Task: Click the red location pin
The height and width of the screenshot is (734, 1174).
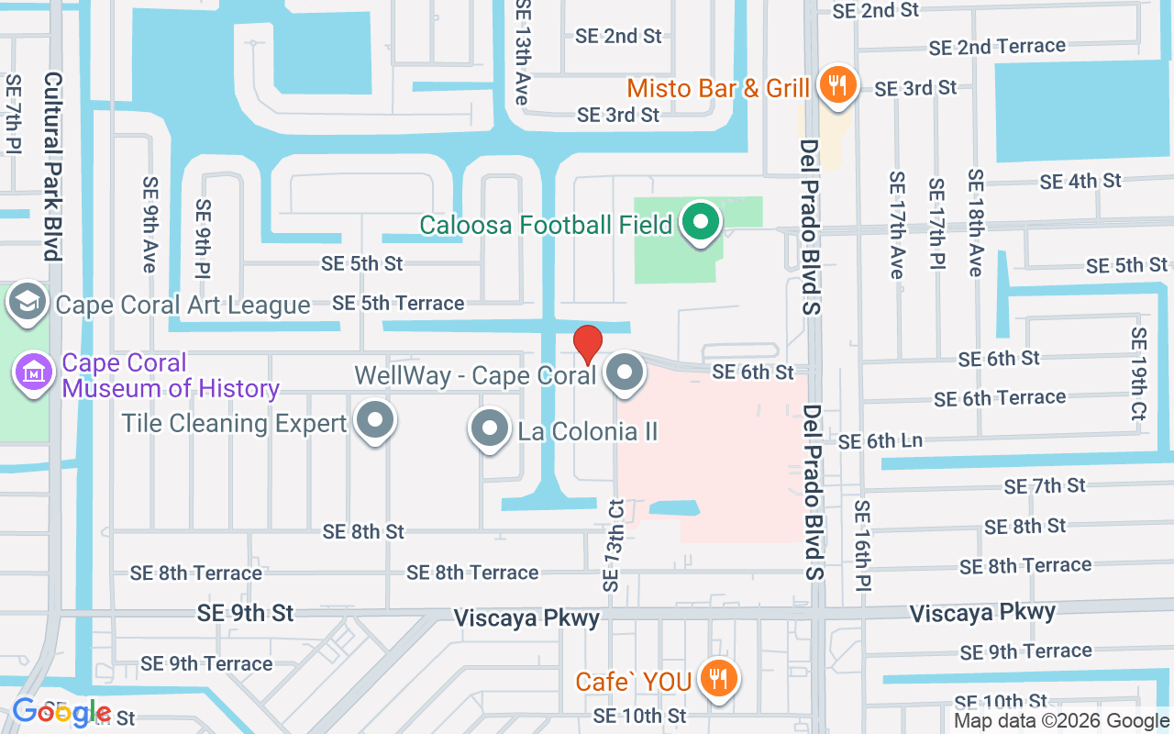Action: click(588, 344)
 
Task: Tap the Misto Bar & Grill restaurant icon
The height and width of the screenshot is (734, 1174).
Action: click(836, 85)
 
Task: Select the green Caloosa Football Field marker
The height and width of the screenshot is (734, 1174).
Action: click(701, 222)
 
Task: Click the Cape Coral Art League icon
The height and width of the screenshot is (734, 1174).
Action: click(28, 302)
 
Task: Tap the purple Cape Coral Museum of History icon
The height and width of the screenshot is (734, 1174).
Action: click(33, 374)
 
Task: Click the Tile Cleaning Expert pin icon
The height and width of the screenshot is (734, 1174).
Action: click(374, 421)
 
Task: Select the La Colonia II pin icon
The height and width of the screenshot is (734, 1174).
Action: click(489, 428)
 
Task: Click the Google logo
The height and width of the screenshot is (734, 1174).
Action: click(61, 712)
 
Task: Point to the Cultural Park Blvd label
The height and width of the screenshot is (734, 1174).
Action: click(52, 166)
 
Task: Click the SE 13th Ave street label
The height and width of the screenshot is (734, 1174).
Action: click(524, 52)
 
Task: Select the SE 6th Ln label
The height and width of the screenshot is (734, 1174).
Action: click(880, 441)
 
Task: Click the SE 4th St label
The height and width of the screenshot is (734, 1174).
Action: click(1080, 182)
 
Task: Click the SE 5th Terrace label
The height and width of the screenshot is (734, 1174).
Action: click(398, 303)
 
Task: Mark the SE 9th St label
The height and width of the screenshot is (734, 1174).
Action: click(245, 613)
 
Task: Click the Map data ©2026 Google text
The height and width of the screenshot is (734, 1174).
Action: click(1061, 721)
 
